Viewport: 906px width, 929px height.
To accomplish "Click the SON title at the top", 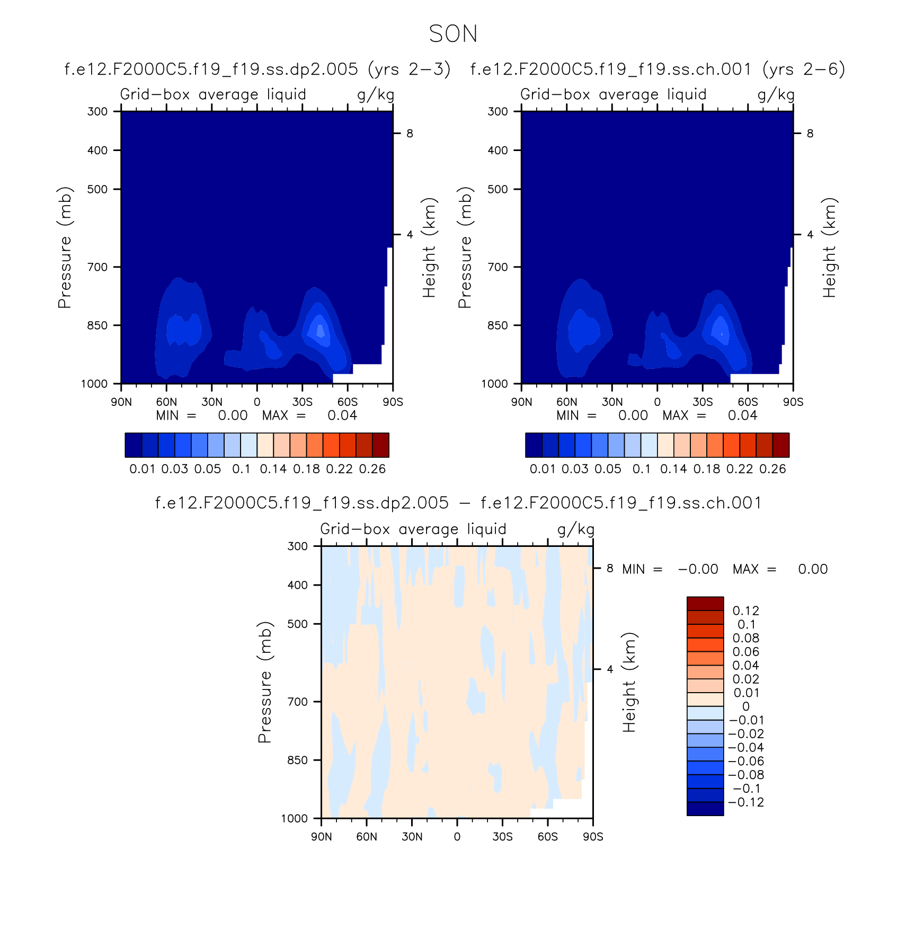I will (x=453, y=34).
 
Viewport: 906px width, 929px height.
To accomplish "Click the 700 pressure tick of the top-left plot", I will (x=97, y=267).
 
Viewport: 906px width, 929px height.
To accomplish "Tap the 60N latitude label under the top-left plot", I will (x=166, y=402).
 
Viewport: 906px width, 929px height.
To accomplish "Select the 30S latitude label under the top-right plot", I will (x=703, y=402).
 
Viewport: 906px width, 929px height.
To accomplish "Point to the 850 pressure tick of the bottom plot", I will (x=297, y=760).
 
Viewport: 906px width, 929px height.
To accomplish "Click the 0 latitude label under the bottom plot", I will (x=457, y=837).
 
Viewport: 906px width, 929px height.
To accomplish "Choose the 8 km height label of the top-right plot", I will (x=810, y=134).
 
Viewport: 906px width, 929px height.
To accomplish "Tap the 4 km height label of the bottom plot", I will (x=610, y=669).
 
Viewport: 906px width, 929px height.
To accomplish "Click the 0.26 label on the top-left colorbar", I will (x=372, y=469).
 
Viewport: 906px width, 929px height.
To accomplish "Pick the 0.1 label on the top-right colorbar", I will (x=642, y=469).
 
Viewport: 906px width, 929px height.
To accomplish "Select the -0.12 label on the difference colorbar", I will (x=746, y=802).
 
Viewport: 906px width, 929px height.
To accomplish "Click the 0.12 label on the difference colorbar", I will (x=746, y=611).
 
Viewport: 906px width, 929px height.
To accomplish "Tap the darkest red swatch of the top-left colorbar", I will (x=381, y=445).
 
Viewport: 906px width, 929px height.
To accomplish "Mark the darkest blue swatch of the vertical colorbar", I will (x=705, y=809).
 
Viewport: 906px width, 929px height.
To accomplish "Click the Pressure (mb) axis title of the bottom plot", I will (x=265, y=682).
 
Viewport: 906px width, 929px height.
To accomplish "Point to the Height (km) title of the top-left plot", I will (x=429, y=247).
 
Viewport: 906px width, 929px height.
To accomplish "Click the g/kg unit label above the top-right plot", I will (x=776, y=95).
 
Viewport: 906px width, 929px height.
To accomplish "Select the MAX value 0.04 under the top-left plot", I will (x=342, y=415).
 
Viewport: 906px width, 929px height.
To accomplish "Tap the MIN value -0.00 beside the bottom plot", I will (x=698, y=569).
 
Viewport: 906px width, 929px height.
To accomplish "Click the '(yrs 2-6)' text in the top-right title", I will (x=804, y=69).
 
